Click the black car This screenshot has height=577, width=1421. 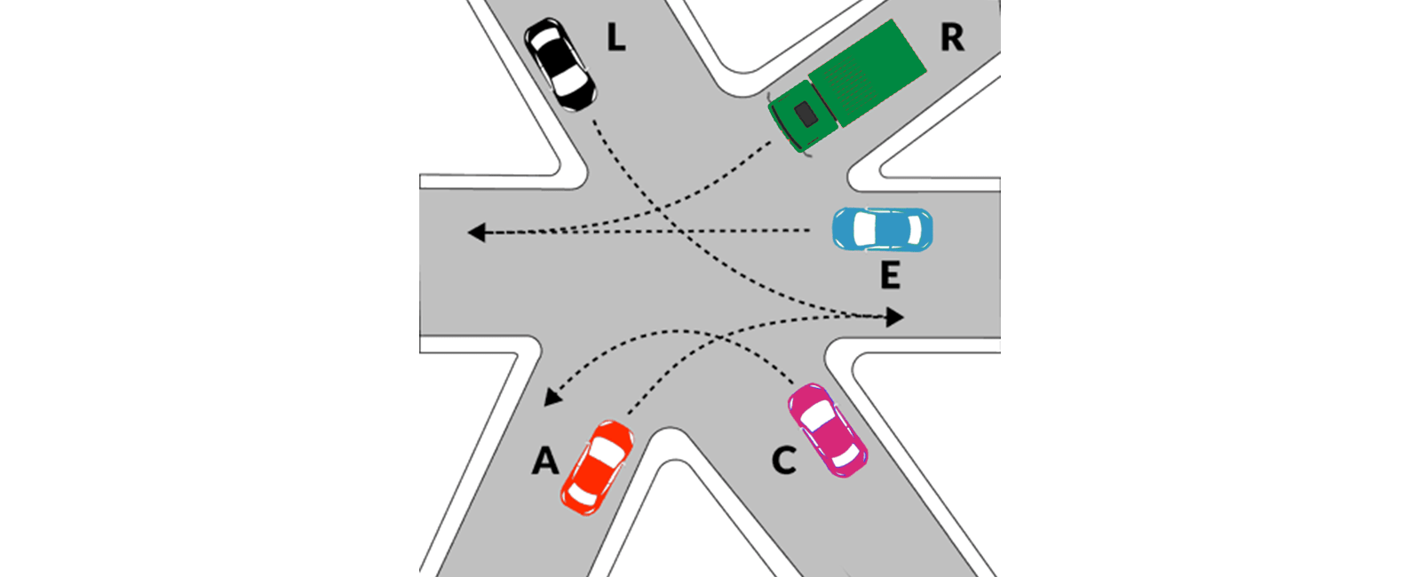[x=560, y=65]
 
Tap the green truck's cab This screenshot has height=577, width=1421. [x=802, y=117]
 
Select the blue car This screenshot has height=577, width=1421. [x=883, y=229]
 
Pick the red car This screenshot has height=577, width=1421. [x=597, y=467]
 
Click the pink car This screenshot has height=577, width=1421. [x=827, y=430]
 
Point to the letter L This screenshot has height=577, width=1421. [x=616, y=37]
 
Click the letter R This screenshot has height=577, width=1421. [x=951, y=37]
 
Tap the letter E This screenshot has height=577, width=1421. [x=890, y=275]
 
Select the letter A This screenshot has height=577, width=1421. [x=545, y=460]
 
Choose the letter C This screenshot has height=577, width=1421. [x=783, y=461]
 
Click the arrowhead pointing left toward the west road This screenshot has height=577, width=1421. [x=476, y=233]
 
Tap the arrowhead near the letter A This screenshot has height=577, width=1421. [x=552, y=398]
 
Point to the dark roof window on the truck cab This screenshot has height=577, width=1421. [x=806, y=114]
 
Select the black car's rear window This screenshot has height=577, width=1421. [x=544, y=39]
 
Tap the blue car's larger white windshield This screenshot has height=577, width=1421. [x=863, y=229]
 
